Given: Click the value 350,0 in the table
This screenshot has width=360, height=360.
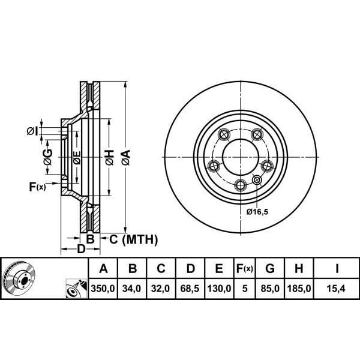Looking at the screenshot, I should (103, 289).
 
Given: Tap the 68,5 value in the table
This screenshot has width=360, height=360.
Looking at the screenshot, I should (190, 289).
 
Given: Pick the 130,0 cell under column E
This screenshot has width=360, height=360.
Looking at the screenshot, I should (219, 289).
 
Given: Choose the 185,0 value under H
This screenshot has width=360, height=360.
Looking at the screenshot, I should (300, 289).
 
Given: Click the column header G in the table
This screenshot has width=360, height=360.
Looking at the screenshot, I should (271, 268).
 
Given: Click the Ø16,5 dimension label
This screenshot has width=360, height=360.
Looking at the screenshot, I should (258, 212).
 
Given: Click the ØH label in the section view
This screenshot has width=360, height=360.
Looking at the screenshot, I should (109, 158).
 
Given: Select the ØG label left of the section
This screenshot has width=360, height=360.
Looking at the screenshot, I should (47, 157).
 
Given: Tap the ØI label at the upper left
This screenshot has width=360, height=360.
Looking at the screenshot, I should (33, 131).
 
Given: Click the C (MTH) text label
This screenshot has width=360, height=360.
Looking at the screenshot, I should (133, 240).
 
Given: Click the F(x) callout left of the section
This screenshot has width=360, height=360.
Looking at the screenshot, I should (37, 187).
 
